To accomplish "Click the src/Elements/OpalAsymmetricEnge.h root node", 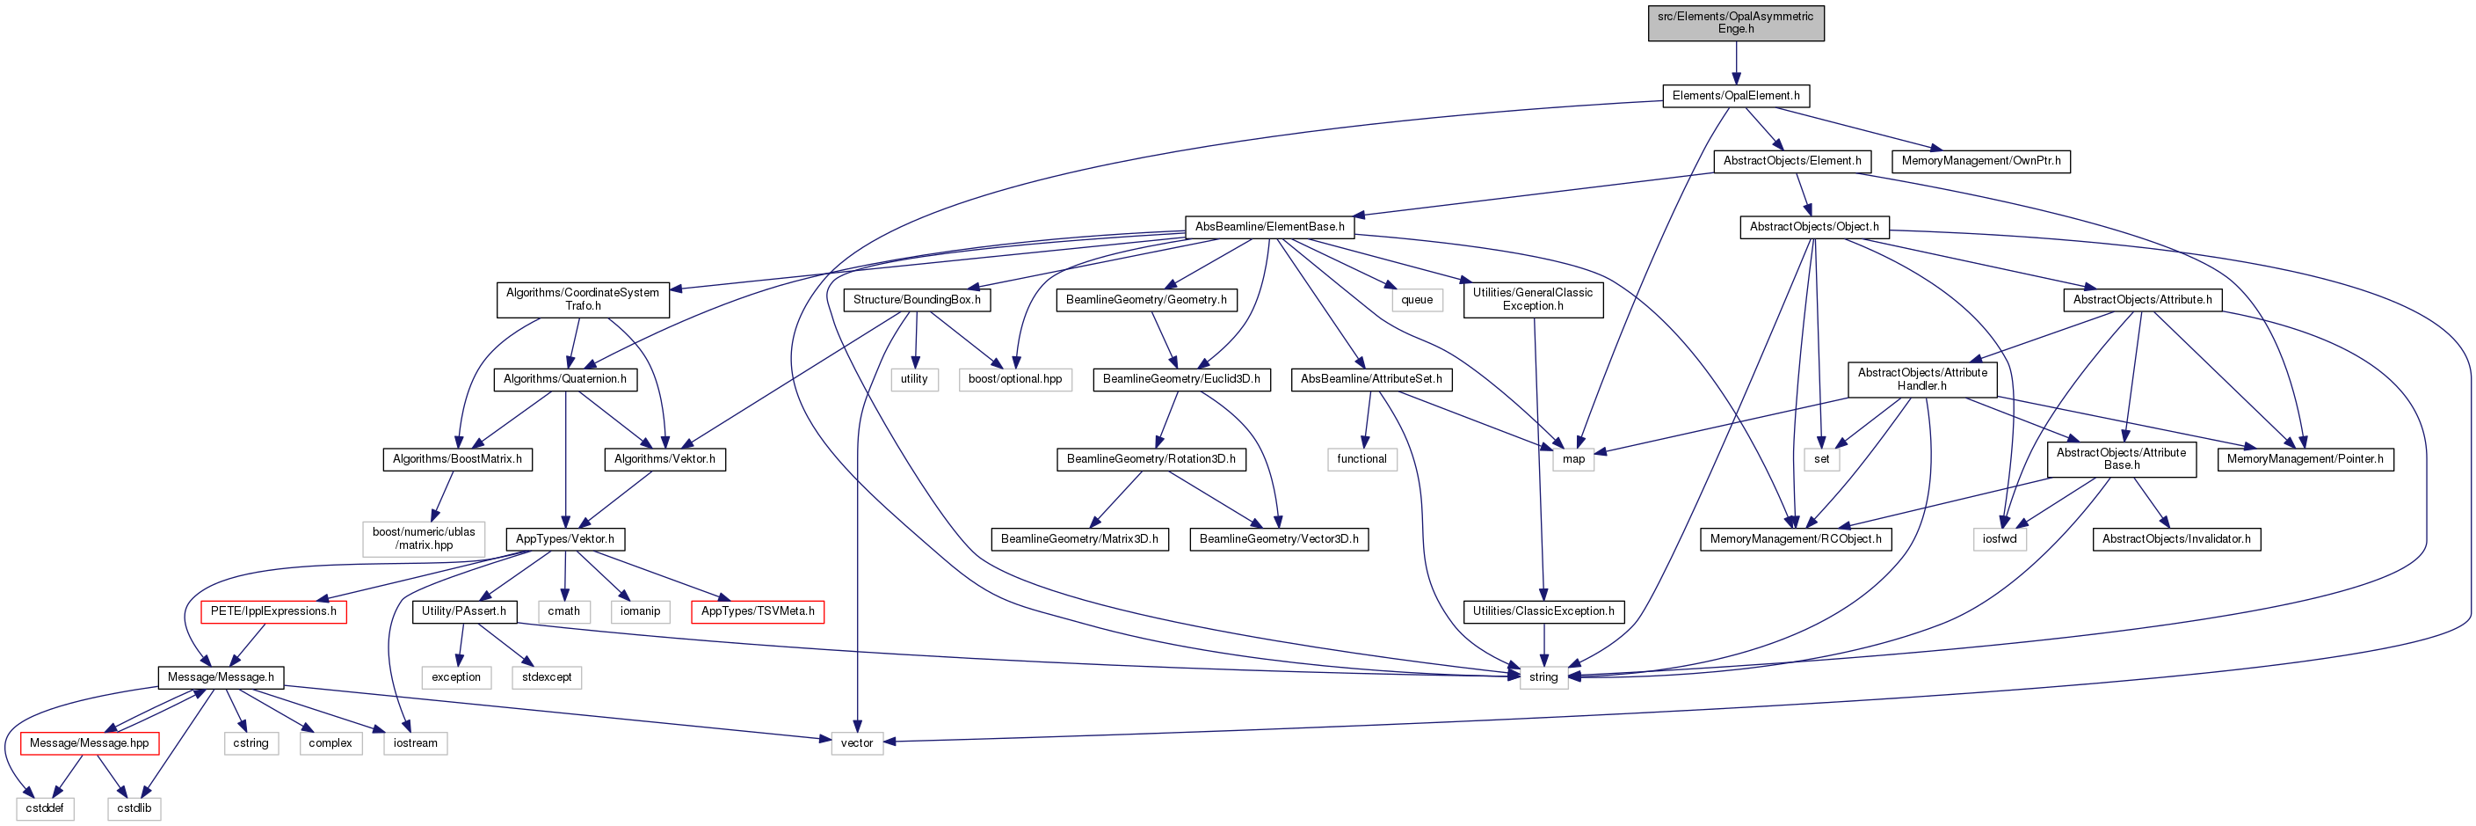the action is pyautogui.click(x=1736, y=23).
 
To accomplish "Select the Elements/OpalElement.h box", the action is pyautogui.click(x=1736, y=96).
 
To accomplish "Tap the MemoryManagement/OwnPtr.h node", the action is pyautogui.click(x=1981, y=162).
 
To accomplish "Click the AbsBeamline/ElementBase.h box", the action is pyautogui.click(x=1270, y=227).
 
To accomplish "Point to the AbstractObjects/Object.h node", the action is pyautogui.click(x=1814, y=227).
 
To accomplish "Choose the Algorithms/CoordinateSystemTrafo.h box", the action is pyautogui.click(x=583, y=300).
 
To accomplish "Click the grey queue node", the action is pyautogui.click(x=1417, y=300).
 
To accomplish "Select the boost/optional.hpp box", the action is pyautogui.click(x=1015, y=380).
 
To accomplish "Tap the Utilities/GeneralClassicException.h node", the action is pyautogui.click(x=1533, y=300).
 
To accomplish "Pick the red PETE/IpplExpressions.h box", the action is pyautogui.click(x=274, y=611).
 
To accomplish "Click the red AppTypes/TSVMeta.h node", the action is pyautogui.click(x=758, y=611).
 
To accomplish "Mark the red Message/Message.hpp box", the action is pyautogui.click(x=90, y=743).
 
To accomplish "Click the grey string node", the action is pyautogui.click(x=1543, y=678).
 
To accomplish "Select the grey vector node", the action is pyautogui.click(x=856, y=743).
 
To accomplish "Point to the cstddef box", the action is pyautogui.click(x=45, y=808).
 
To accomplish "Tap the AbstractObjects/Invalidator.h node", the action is pyautogui.click(x=2176, y=539).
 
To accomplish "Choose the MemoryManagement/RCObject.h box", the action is pyautogui.click(x=1796, y=539).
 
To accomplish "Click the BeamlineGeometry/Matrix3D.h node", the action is pyautogui.click(x=1079, y=539).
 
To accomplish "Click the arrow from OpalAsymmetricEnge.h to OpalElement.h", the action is pyautogui.click(x=1736, y=62).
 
